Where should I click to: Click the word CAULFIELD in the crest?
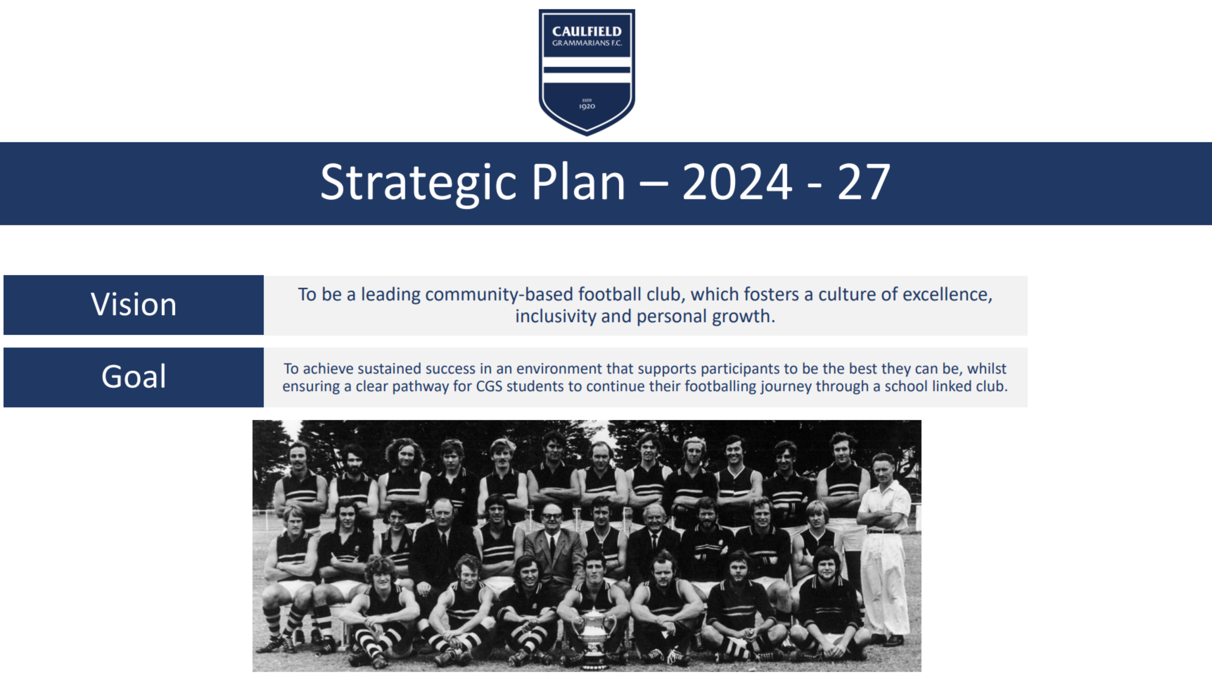587,32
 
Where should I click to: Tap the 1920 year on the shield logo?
587,106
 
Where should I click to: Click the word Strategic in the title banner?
419,183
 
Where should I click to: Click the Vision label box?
134,305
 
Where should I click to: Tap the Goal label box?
134,377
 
